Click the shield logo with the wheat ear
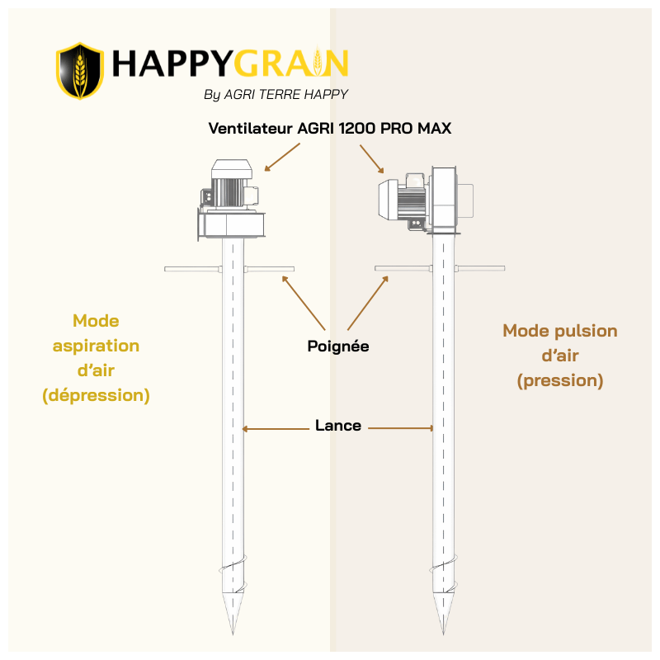tap(80, 71)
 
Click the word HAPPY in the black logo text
tap(172, 64)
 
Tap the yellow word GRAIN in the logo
tap(290, 64)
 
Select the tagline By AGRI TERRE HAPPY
tap(276, 94)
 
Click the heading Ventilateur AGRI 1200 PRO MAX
tap(329, 128)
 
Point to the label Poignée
tap(338, 346)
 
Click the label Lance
tap(338, 426)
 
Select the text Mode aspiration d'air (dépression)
tap(96, 358)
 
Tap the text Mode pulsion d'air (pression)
tap(560, 356)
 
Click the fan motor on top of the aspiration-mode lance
tap(231, 200)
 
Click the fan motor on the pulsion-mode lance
tap(426, 200)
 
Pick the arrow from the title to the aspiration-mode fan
tap(282, 157)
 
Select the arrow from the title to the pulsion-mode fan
tap(372, 159)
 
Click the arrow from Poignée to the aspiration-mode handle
tap(304, 303)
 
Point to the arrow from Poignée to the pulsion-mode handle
tap(368, 303)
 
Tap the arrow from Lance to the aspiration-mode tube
tap(276, 429)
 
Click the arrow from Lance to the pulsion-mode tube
tap(401, 428)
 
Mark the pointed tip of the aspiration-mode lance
tap(233, 634)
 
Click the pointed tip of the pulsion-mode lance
tap(443, 634)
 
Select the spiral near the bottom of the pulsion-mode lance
tap(444, 574)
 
